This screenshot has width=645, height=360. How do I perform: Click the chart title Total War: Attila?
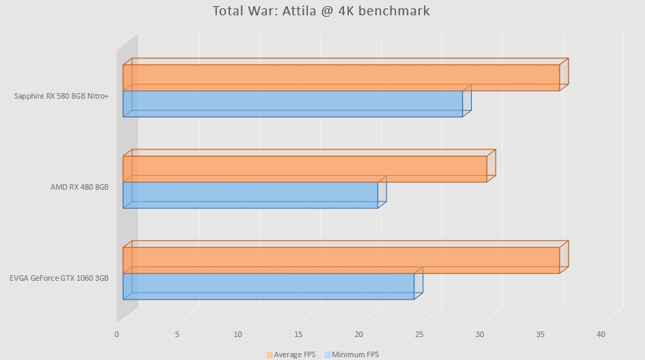(x=321, y=11)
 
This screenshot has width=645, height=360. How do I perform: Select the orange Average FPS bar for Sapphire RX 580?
(x=341, y=78)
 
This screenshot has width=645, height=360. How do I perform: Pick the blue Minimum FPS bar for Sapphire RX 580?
(x=292, y=104)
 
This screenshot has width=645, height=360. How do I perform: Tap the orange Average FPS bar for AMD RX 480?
(x=304, y=169)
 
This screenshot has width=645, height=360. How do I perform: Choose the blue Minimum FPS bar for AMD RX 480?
(x=250, y=195)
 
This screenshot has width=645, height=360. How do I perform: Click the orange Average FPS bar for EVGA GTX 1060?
(x=341, y=260)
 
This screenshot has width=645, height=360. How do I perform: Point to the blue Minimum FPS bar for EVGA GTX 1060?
(x=268, y=286)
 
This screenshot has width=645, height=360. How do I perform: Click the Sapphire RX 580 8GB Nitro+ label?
(x=61, y=96)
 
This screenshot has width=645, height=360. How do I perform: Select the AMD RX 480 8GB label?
(x=79, y=187)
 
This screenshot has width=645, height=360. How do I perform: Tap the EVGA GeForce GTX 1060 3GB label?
(x=59, y=278)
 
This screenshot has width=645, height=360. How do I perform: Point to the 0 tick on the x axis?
(x=117, y=335)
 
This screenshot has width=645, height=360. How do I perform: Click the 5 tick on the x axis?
(x=177, y=335)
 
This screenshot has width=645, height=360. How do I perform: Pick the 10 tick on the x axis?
(x=238, y=335)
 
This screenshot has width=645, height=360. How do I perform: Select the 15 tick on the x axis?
(x=298, y=335)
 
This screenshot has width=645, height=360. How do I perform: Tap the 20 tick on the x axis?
(x=359, y=335)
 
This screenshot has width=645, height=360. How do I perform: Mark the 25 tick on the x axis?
(x=419, y=335)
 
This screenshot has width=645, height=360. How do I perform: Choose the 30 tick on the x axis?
(x=480, y=335)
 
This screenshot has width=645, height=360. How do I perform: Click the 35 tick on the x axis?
(x=540, y=335)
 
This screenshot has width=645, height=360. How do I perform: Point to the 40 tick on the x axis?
(x=601, y=335)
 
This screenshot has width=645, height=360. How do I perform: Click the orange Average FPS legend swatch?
(x=269, y=355)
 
